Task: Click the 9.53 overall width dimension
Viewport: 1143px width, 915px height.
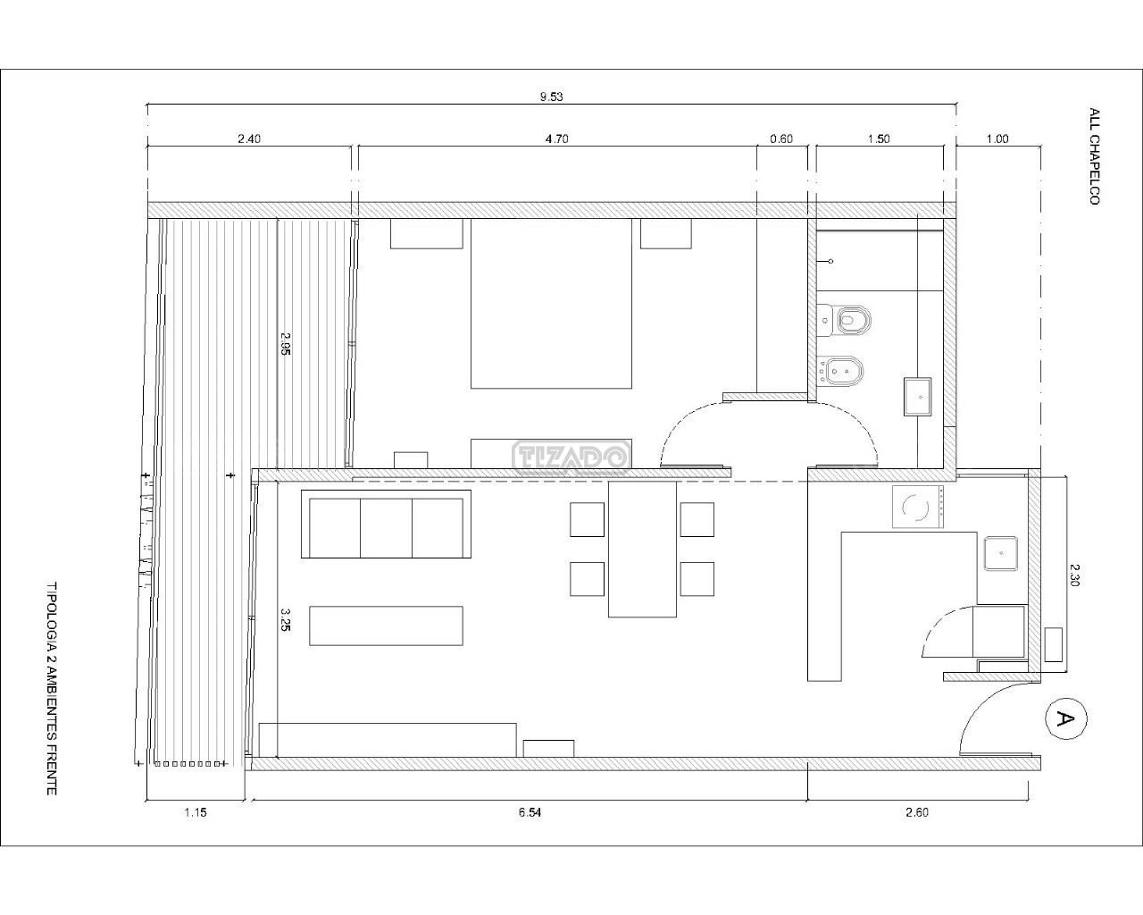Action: click(551, 97)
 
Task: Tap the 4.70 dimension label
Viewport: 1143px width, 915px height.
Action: click(556, 139)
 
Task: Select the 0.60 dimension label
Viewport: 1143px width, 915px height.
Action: click(781, 139)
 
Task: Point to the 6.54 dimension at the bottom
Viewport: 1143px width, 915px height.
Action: click(530, 812)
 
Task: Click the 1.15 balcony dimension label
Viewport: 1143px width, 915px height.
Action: click(196, 812)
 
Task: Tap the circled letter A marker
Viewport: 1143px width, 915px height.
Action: click(1066, 719)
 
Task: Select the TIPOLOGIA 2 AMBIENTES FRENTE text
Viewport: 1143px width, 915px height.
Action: click(52, 689)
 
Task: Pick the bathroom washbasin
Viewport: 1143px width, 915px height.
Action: click(917, 397)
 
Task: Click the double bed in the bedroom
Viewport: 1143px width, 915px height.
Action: click(551, 303)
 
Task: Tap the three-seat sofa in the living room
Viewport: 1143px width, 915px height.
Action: click(386, 524)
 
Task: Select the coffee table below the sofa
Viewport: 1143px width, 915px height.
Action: click(386, 625)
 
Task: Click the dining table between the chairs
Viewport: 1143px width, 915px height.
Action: click(642, 549)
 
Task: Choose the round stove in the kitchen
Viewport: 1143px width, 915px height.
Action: click(918, 507)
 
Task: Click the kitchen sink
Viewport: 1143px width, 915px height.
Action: click(1001, 553)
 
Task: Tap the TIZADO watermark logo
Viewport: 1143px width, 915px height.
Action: click(571, 457)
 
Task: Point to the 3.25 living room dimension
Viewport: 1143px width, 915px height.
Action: click(285, 619)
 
